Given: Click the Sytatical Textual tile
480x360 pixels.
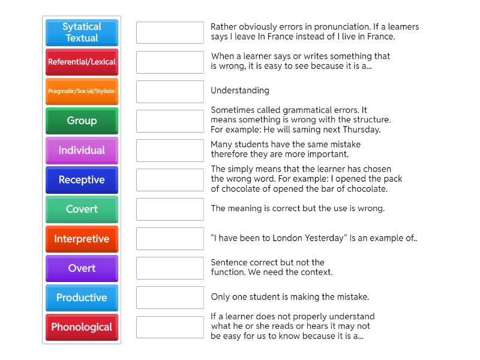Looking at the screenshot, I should (82, 32).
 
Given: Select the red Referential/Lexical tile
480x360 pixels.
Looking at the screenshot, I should (82, 62).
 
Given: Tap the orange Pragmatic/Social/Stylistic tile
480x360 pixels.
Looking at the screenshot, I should (82, 91).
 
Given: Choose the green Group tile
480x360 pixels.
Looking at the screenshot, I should (82, 121).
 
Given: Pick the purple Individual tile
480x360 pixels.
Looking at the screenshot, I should (82, 150).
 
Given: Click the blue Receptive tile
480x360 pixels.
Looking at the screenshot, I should (82, 179).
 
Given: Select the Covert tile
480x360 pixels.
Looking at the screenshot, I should (82, 209).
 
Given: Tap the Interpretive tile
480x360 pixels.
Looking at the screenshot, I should (82, 239).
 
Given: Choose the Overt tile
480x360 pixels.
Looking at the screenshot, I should (82, 268).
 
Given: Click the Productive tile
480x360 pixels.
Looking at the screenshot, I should (82, 298).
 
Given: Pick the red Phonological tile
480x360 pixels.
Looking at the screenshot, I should (82, 327).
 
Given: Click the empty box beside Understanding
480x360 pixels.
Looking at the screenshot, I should (170, 91).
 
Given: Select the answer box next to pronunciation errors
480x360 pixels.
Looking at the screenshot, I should (170, 32).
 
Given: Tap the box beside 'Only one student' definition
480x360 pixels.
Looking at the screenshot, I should (170, 298).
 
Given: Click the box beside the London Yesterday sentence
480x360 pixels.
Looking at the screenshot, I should (170, 239).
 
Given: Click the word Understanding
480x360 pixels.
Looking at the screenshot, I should (239, 91).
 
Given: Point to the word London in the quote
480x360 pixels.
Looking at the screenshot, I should (287, 238).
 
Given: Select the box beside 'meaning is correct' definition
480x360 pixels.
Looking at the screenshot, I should (170, 209).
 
